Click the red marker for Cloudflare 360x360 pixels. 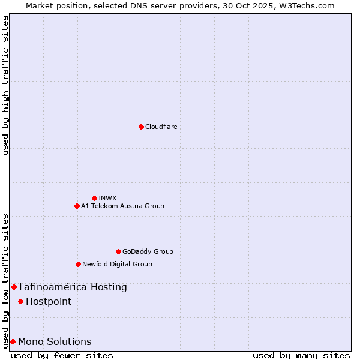(141, 127)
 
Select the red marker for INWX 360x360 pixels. (94, 198)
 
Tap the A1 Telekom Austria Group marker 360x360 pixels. (77, 206)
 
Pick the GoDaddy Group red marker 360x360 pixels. (118, 251)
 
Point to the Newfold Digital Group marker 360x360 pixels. (78, 264)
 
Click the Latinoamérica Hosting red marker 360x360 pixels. (14, 287)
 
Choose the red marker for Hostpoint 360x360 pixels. (20, 301)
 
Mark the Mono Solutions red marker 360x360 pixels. (13, 341)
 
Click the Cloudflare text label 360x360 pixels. (161, 127)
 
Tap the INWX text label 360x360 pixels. (107, 198)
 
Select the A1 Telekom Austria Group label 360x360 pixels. (122, 206)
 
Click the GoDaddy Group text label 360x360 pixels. (148, 251)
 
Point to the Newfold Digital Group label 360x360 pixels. (117, 264)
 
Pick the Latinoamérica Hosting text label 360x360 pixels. (73, 287)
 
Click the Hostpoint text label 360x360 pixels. (49, 301)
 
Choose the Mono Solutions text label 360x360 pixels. (55, 341)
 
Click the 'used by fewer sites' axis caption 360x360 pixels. (62, 355)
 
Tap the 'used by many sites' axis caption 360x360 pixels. (301, 355)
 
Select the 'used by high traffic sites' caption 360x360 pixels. (5, 85)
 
